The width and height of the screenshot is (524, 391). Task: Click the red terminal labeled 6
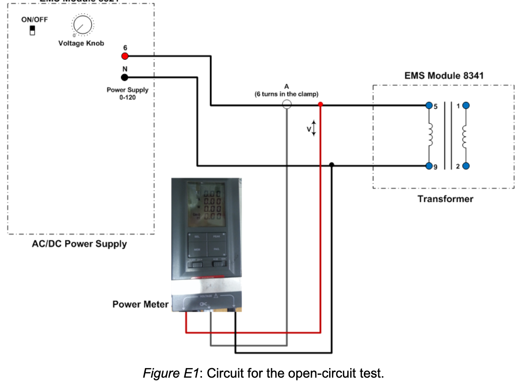pos(125,56)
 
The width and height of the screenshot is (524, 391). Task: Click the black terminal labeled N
pos(125,77)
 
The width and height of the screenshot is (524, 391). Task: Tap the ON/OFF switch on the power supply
pos(32,31)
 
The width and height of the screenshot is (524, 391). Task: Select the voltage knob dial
pos(82,24)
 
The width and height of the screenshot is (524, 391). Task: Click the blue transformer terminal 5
pos(429,105)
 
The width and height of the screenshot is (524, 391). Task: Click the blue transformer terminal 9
pos(429,166)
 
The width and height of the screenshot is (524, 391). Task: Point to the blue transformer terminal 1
pos(466,105)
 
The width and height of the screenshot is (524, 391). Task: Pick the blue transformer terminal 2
pos(466,166)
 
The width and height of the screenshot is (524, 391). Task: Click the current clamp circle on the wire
pos(287,104)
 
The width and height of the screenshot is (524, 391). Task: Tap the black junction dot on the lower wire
pos(332,165)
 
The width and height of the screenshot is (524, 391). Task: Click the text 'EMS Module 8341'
pos(444,75)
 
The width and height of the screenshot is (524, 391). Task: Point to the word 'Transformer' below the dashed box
pos(445,199)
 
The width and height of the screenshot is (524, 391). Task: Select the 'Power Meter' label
pos(140,304)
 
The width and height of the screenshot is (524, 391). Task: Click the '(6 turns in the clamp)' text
pos(287,94)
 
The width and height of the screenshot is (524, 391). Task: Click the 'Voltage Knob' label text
pos(81,43)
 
